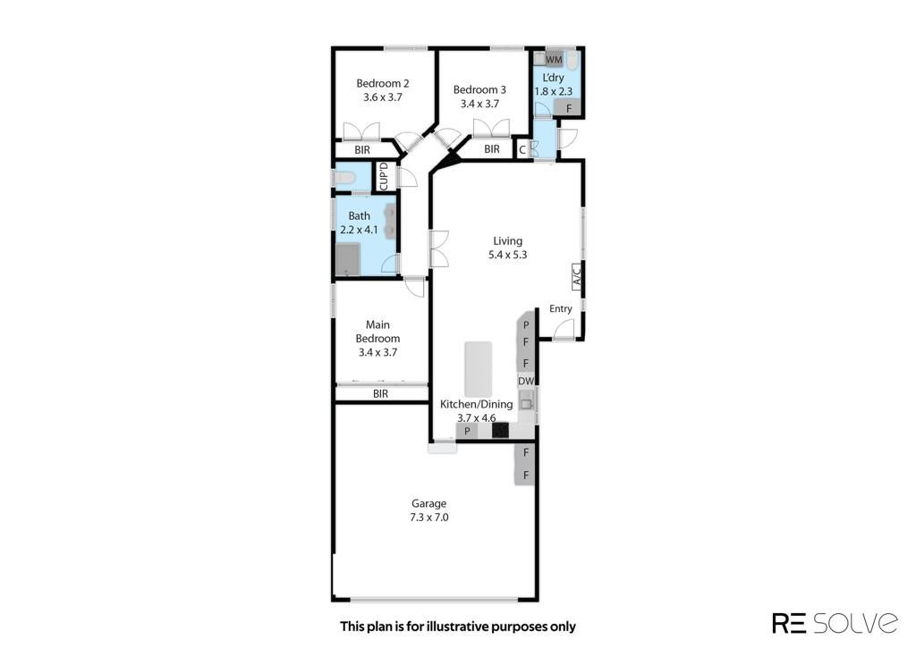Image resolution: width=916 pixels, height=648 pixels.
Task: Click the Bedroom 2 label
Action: pyautogui.click(x=383, y=83)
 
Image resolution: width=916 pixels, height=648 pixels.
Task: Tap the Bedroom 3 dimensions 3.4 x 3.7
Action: pyautogui.click(x=479, y=104)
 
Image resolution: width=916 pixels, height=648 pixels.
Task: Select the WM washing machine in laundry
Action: pyautogui.click(x=554, y=60)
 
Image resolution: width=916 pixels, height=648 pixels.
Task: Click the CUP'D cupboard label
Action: pyautogui.click(x=385, y=176)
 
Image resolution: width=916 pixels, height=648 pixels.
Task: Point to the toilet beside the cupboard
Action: pyautogui.click(x=344, y=177)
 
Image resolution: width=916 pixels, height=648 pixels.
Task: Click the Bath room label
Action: pyautogui.click(x=360, y=216)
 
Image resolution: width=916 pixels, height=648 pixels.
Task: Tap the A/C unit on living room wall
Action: pyautogui.click(x=577, y=275)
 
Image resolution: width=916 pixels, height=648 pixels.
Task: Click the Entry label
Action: pyautogui.click(x=561, y=309)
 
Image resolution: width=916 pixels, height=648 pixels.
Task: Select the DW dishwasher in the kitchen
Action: pyautogui.click(x=526, y=382)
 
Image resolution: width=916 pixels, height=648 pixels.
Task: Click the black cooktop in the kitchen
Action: pyautogui.click(x=501, y=430)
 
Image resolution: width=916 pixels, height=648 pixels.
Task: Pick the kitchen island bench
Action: pyautogui.click(x=479, y=369)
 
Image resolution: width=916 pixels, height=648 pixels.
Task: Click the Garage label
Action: pyautogui.click(x=428, y=503)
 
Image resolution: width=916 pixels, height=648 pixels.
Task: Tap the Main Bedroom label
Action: pyautogui.click(x=378, y=332)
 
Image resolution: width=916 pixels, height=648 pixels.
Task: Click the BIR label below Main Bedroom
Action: pyautogui.click(x=380, y=394)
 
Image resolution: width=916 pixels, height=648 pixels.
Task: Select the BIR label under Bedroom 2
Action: pyautogui.click(x=362, y=150)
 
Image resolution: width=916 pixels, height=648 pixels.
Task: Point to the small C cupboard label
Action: pyautogui.click(x=522, y=150)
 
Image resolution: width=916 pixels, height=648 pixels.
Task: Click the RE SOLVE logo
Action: pyautogui.click(x=835, y=622)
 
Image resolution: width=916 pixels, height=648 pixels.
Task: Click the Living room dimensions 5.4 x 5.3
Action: pyautogui.click(x=508, y=255)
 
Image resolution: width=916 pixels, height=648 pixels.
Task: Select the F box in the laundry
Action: pyautogui.click(x=568, y=108)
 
